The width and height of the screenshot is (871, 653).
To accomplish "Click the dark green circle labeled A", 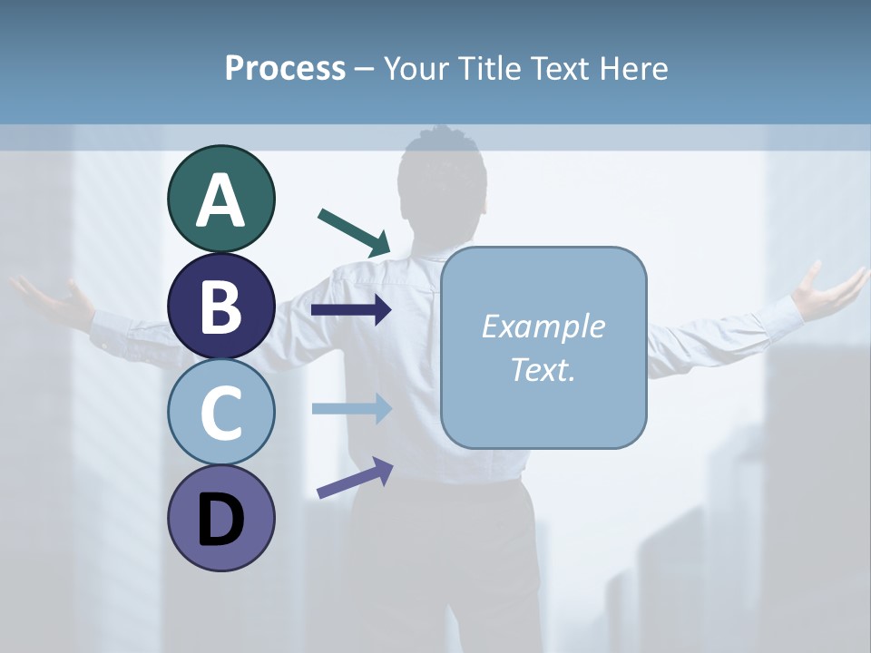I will click(x=220, y=199).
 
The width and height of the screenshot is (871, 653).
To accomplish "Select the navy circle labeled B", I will click(x=220, y=306).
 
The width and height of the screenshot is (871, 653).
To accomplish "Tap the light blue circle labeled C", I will click(x=220, y=412).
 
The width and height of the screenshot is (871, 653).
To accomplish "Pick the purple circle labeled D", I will click(x=220, y=518).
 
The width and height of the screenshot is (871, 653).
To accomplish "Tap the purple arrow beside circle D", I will click(x=355, y=478).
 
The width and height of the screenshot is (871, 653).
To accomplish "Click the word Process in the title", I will click(x=285, y=69).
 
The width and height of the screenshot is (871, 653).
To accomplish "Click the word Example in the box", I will click(x=543, y=326).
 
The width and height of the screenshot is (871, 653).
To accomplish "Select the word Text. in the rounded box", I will click(x=543, y=369).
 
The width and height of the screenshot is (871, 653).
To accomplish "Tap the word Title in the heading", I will click(x=489, y=69).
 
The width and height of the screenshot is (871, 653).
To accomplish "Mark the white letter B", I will click(x=220, y=306).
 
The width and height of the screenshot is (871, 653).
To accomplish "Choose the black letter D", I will click(x=220, y=520).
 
